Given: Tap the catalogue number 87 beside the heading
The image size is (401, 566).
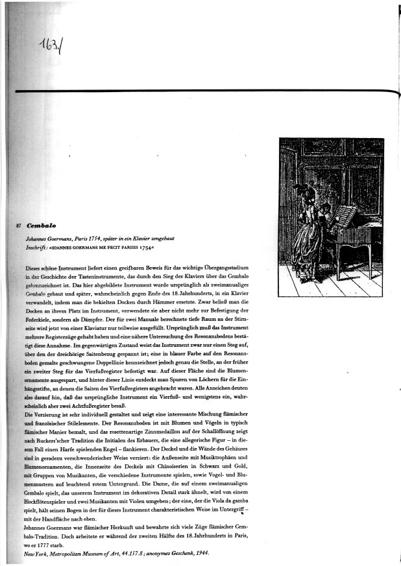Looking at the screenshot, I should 19,227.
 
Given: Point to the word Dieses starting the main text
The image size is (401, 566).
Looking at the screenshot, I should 36,268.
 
